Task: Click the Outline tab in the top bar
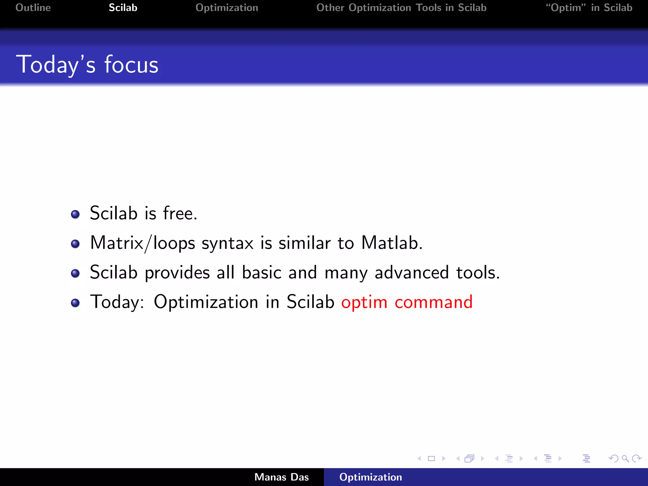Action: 33,8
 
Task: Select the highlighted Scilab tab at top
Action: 123,8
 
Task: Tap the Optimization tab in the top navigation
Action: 227,8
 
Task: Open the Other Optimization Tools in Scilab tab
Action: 401,8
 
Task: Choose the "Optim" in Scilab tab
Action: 589,8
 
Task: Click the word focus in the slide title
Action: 131,65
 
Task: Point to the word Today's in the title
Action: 56,65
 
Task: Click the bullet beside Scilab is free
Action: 75,214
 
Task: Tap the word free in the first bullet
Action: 180,213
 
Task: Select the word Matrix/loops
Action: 142,243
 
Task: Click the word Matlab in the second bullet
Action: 392,243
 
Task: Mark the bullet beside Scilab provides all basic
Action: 75,273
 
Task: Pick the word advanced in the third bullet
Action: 411,272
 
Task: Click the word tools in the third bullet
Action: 477,272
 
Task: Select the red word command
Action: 433,302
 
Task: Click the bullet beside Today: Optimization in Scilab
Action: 75,303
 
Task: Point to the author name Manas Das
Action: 281,477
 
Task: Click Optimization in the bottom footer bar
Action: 371,477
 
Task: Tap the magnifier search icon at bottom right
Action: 625,458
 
